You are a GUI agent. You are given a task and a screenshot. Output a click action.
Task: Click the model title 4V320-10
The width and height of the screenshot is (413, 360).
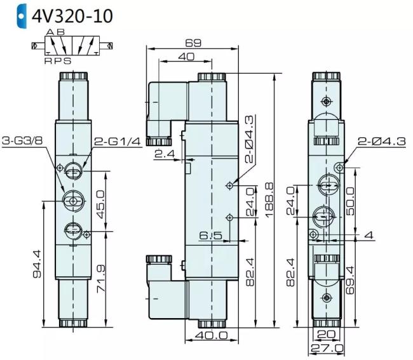[x=72, y=16]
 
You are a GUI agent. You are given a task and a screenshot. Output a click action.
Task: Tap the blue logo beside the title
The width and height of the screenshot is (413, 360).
[x=22, y=16]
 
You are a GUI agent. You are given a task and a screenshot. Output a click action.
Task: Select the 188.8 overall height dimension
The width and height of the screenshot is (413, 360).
[x=269, y=200]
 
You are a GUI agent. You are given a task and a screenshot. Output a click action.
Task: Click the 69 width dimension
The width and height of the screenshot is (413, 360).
[x=193, y=43]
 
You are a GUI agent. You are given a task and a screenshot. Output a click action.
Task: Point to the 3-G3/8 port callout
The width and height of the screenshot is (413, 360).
[x=22, y=140]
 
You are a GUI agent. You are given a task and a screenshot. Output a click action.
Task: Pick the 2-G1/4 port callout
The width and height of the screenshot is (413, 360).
[x=118, y=142]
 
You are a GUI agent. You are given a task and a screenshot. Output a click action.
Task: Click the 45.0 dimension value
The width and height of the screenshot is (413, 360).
[x=100, y=204]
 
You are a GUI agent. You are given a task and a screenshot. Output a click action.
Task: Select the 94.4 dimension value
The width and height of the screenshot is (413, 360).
[x=37, y=263]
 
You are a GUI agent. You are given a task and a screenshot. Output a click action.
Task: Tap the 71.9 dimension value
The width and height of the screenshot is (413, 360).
[x=100, y=279]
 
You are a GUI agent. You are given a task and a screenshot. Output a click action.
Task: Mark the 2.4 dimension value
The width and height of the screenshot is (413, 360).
[x=165, y=154]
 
